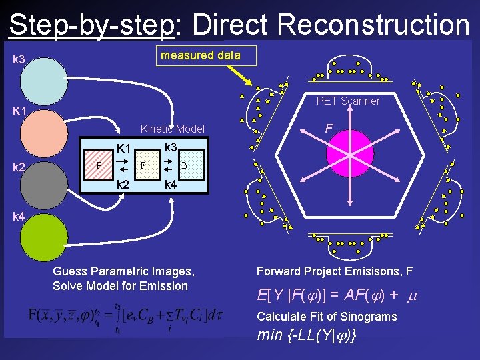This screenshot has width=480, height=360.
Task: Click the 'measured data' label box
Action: click(206, 55)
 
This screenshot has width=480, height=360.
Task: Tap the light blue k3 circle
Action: click(44, 81)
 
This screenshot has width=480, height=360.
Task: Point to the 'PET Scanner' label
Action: click(348, 101)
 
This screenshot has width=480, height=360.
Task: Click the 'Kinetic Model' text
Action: click(172, 129)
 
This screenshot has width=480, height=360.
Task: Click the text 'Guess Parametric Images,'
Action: click(123, 271)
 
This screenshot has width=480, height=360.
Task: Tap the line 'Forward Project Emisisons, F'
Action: click(335, 271)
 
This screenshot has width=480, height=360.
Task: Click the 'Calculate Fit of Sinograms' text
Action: click(327, 317)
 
